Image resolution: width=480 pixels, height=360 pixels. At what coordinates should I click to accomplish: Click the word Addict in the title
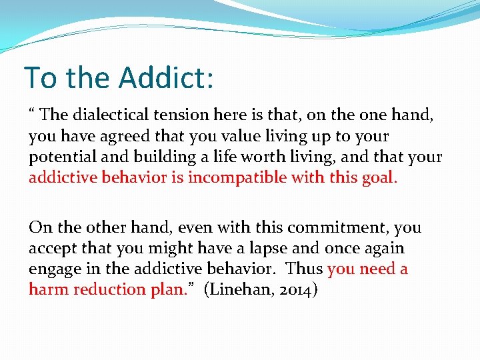point(167,77)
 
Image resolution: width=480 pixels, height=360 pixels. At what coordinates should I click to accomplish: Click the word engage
point(53,269)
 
